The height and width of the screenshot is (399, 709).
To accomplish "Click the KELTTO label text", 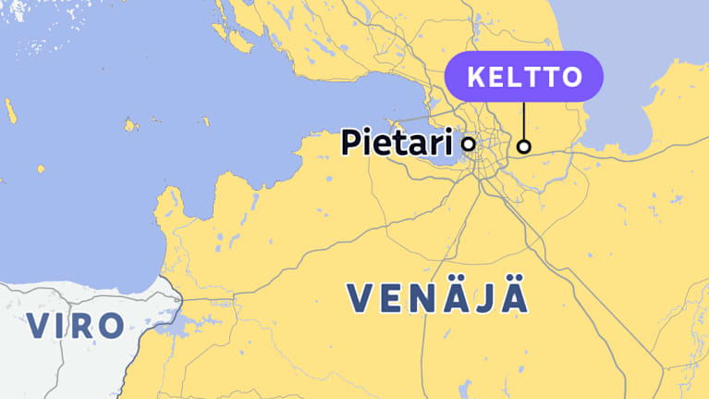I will click(x=524, y=76).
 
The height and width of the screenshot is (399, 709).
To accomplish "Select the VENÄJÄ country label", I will click(x=438, y=298).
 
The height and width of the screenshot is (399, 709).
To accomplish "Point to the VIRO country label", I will click(x=74, y=325).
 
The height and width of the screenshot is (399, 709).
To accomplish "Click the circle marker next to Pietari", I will click(x=469, y=143).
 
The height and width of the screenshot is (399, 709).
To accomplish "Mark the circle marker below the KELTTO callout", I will click(x=524, y=145).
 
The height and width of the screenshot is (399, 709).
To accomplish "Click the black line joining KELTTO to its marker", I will click(x=524, y=119).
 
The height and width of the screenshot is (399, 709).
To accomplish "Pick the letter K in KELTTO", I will click(x=474, y=76).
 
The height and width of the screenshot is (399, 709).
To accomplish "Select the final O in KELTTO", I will click(x=572, y=76).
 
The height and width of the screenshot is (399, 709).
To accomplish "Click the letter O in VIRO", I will click(x=110, y=325).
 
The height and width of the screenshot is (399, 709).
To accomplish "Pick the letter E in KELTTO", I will click(x=495, y=76).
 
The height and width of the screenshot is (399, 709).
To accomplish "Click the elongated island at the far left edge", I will click(x=10, y=111).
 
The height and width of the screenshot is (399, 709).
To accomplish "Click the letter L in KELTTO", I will click(x=514, y=76).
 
